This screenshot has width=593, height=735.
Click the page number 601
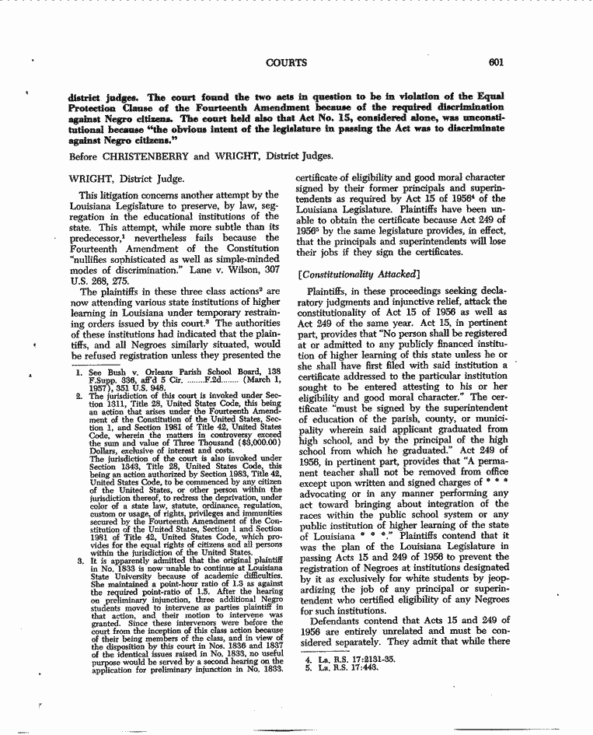(x=497, y=62)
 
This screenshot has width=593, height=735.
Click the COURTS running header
(x=286, y=62)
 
